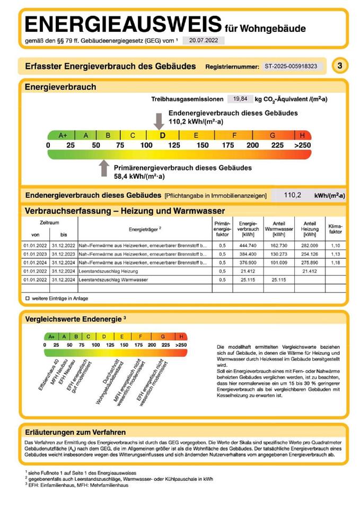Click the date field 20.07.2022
coord(204,40)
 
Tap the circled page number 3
coord(339,66)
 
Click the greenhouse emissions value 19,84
coord(236,99)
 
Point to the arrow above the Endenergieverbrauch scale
coord(158,120)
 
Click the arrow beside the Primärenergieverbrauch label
coord(104,168)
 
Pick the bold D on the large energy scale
coord(163,135)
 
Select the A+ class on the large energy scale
coord(63,135)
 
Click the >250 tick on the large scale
coord(303,145)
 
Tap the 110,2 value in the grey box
coord(292,195)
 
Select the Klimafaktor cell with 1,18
coord(336,262)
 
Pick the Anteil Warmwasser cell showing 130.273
coord(278,254)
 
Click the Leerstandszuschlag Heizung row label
coord(108,271)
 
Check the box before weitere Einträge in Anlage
coord(27,299)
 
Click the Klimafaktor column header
coord(336,229)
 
